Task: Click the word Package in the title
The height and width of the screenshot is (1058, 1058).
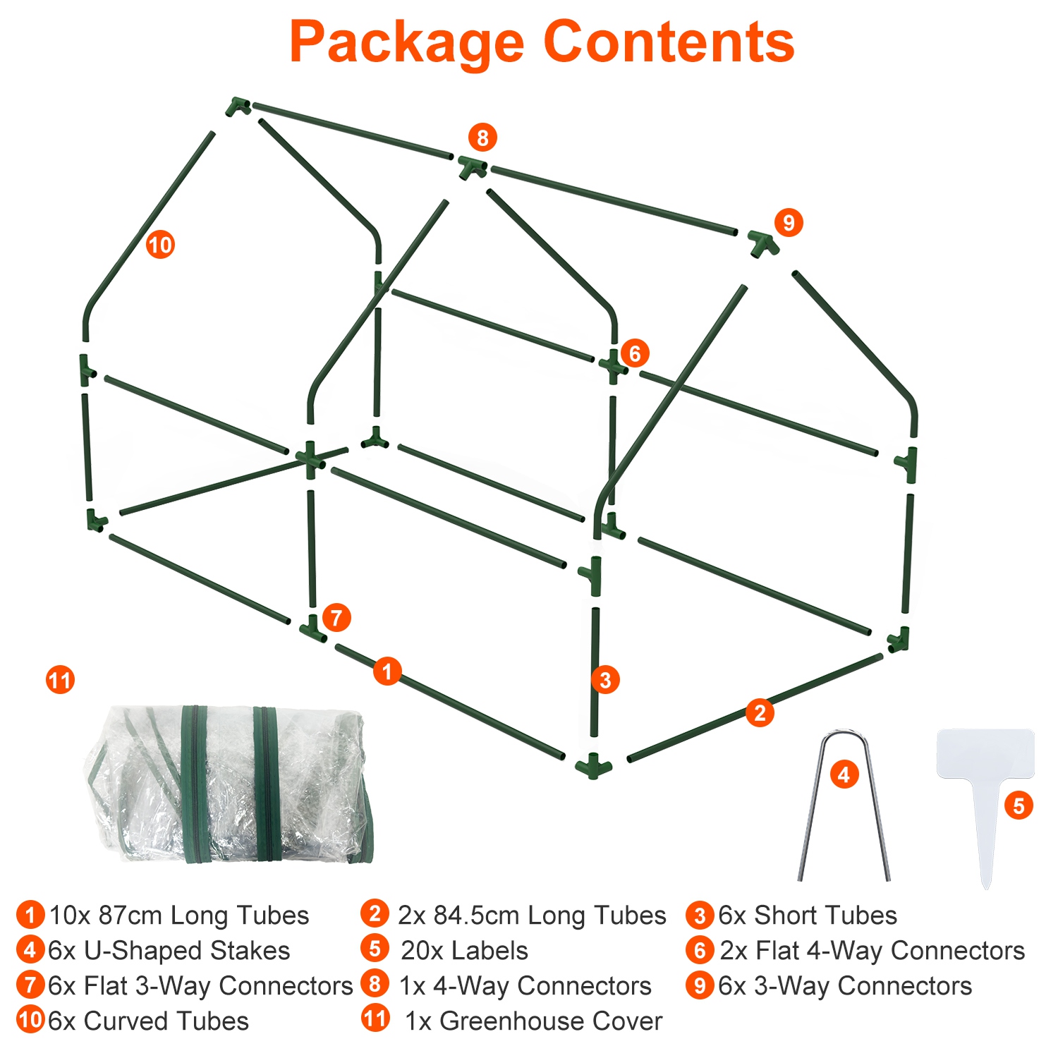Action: click(407, 42)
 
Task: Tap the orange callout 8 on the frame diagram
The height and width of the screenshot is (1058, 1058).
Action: click(482, 138)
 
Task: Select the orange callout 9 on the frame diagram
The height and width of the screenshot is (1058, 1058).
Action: click(789, 223)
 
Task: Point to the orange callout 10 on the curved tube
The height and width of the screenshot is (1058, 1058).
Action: click(160, 245)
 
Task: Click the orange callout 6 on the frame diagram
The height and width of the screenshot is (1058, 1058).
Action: click(634, 353)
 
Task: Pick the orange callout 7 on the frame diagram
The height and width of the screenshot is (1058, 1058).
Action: click(336, 618)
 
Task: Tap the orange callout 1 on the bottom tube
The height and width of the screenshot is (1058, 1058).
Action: click(387, 671)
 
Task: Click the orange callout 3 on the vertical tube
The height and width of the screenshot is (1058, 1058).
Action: click(605, 680)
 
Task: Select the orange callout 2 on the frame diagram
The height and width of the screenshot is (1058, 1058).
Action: click(760, 713)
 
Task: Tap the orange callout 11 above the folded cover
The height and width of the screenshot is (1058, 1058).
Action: click(60, 681)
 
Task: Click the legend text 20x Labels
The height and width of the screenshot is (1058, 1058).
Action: click(464, 951)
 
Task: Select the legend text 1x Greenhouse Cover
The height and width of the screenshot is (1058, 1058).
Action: click(533, 1021)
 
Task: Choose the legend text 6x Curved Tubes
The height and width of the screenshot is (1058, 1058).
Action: click(148, 1021)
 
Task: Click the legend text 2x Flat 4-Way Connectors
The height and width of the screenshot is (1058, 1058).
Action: click(872, 951)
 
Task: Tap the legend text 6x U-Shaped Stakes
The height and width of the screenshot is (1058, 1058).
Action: click(169, 951)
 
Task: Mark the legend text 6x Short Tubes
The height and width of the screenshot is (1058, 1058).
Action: click(808, 916)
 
